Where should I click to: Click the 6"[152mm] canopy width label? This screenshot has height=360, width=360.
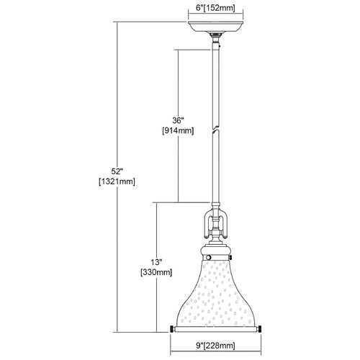click(x=215, y=8)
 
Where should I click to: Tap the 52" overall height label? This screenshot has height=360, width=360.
click(x=117, y=171)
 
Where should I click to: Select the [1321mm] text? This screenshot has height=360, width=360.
click(x=117, y=181)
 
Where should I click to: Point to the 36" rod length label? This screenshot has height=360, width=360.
click(x=178, y=120)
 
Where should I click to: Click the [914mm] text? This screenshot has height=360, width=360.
click(x=178, y=130)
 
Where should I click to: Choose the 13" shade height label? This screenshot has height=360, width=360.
click(x=156, y=262)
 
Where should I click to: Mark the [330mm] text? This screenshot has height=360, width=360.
click(x=156, y=272)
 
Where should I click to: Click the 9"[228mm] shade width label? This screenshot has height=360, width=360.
click(x=215, y=346)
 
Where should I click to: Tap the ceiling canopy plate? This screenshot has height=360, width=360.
click(x=215, y=27)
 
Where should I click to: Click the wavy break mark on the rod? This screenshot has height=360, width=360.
click(x=216, y=128)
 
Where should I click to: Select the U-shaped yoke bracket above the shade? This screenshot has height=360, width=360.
click(x=215, y=225)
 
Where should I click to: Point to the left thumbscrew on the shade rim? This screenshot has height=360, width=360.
click(x=172, y=329)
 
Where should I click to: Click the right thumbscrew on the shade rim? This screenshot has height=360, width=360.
click(x=259, y=329)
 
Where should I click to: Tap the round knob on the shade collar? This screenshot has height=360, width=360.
click(x=209, y=258)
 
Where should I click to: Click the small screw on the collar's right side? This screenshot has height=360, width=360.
click(x=230, y=258)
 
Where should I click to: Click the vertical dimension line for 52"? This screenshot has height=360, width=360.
click(x=117, y=177)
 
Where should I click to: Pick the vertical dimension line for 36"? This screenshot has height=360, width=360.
click(x=178, y=126)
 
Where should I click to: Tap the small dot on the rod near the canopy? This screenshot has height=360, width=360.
click(x=220, y=45)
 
